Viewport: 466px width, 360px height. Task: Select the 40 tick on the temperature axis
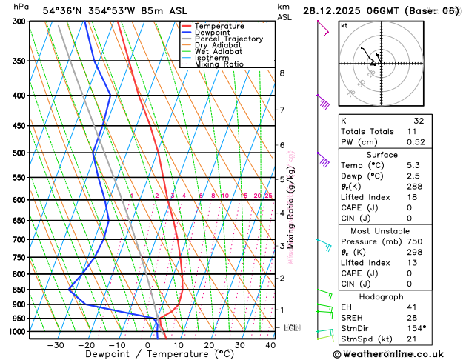coord(270,345)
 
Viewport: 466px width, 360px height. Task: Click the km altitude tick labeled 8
coord(282,73)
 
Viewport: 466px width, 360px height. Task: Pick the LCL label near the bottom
coord(290,327)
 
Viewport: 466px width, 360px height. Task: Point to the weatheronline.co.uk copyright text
coord(398,354)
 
